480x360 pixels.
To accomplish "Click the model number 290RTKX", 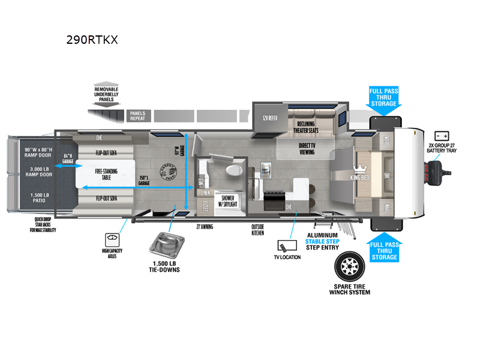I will [92, 40].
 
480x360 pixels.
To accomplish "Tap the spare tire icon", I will [350, 265].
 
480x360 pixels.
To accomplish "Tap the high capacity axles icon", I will [112, 238].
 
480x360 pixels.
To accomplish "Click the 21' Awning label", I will [205, 227].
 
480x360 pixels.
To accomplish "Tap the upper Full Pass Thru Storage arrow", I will [383, 100].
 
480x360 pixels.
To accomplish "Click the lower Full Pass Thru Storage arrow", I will [384, 248].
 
